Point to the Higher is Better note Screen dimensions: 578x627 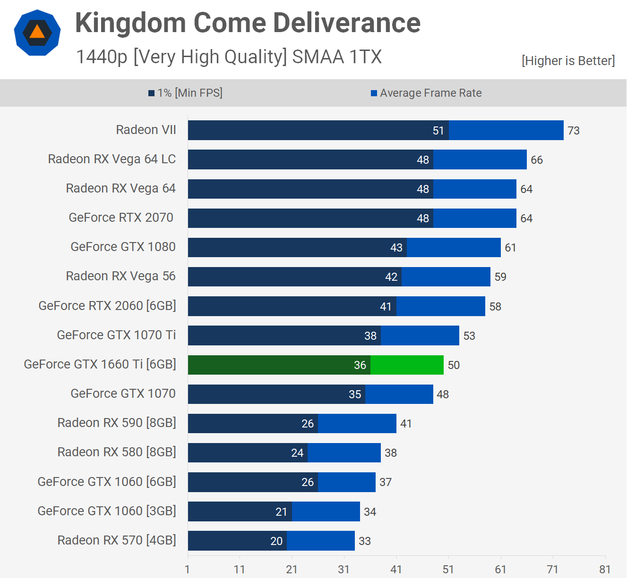568,61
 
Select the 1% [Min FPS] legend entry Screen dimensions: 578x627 185,93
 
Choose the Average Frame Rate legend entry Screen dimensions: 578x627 426,93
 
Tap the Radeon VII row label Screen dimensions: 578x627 146,130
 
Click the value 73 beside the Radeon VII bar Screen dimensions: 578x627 574,131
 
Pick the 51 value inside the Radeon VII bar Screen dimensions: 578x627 438,131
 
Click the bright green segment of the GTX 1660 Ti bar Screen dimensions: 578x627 407,365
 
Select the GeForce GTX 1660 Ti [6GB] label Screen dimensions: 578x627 100,364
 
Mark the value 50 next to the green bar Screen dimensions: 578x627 454,365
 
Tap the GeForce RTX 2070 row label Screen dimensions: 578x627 121,218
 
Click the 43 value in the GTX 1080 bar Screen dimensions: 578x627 396,248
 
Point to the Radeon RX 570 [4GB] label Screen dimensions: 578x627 117,540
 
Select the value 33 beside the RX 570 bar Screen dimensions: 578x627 365,541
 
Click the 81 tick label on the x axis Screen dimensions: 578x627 605,570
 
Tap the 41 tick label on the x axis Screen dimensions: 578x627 396,570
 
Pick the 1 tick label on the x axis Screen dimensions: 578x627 188,570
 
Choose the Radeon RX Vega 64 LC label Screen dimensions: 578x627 112,159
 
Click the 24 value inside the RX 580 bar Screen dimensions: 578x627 297,453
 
